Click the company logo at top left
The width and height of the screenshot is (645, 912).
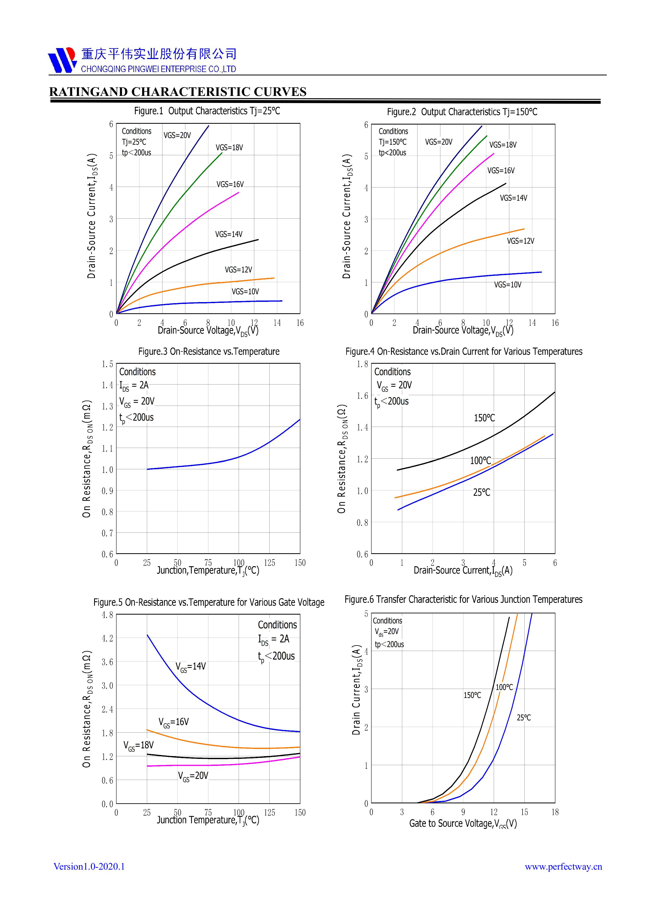62,60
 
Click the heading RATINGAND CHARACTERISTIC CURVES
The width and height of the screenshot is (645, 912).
178,92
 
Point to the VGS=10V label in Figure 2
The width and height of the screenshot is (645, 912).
507,285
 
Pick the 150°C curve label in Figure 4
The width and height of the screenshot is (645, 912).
484,418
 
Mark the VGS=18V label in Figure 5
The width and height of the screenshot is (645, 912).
138,746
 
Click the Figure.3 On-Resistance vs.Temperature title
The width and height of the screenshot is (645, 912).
209,351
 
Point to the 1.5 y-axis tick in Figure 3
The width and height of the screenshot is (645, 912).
107,364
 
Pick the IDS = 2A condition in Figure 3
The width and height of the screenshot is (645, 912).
134,385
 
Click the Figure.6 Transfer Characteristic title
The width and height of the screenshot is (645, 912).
463,600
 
